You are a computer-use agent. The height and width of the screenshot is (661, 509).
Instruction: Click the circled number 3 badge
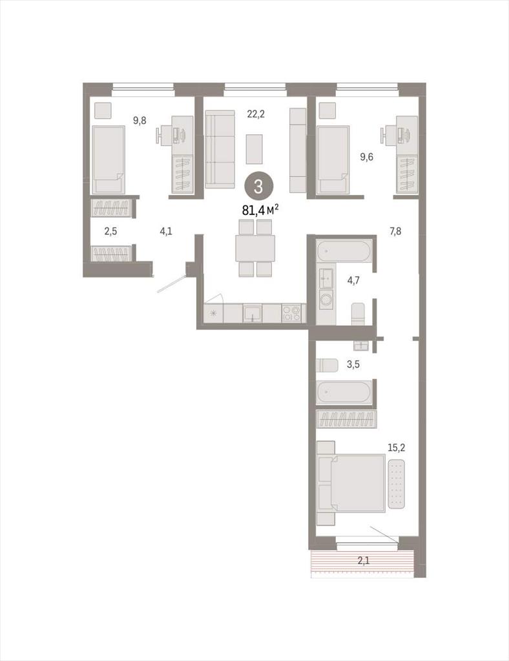click(x=258, y=187)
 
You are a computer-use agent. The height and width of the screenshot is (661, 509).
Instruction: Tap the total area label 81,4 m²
click(x=260, y=210)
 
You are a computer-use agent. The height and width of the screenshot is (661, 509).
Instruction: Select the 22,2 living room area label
click(x=256, y=114)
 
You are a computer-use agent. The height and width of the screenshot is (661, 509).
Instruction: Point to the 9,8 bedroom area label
click(x=140, y=121)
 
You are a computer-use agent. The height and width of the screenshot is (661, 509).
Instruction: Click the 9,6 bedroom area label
click(x=366, y=157)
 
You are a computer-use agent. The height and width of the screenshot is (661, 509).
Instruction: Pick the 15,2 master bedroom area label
click(x=397, y=447)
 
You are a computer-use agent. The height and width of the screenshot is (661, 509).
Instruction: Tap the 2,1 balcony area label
click(x=363, y=560)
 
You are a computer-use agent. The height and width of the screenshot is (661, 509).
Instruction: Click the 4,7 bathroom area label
click(x=353, y=280)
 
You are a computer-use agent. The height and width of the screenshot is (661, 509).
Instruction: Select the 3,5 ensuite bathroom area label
click(x=353, y=364)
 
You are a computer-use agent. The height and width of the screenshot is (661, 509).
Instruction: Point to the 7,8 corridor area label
click(x=395, y=230)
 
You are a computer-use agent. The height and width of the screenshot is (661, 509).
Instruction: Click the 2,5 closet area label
click(x=110, y=231)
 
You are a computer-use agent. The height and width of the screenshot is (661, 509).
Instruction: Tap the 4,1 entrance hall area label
click(x=166, y=231)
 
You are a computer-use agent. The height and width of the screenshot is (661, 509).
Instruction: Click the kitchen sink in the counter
click(x=252, y=313)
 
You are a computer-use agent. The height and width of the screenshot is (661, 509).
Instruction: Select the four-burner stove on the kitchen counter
click(x=291, y=313)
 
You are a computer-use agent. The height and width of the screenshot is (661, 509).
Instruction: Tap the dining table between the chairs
click(x=255, y=249)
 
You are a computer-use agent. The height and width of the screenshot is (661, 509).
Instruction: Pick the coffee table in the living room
click(x=254, y=149)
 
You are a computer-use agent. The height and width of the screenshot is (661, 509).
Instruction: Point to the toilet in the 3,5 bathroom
click(x=327, y=365)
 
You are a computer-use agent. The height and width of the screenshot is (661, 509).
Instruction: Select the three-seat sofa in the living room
click(x=220, y=149)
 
